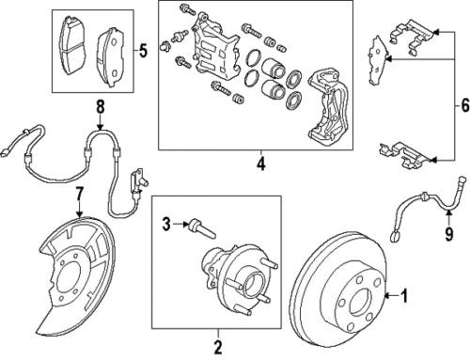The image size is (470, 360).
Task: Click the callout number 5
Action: coord(144,50)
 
